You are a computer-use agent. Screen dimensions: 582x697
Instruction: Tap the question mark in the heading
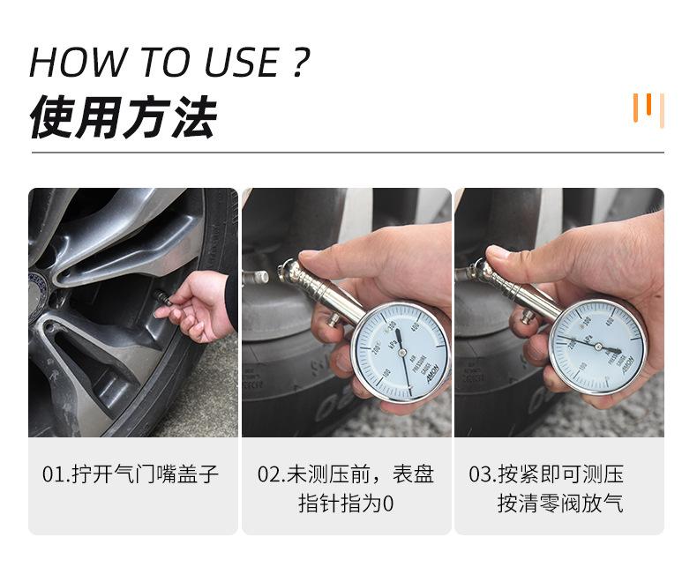point(300,63)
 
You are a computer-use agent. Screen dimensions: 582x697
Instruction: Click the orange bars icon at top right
point(648,108)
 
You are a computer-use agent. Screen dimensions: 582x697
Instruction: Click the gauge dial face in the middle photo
point(401,352)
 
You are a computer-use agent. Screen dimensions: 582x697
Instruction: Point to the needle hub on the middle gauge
point(401,354)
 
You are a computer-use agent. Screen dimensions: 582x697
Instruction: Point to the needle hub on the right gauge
point(597,347)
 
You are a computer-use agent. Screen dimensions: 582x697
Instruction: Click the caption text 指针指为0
point(346,504)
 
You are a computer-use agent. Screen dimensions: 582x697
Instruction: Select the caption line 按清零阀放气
point(560,504)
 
